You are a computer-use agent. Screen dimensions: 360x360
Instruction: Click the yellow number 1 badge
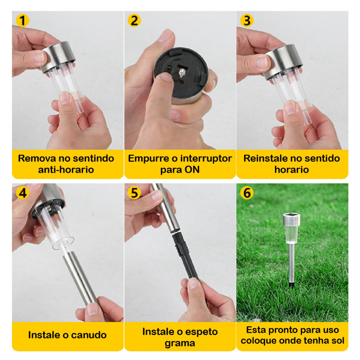click(x=22, y=20)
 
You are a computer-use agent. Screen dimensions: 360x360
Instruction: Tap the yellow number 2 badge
click(x=134, y=20)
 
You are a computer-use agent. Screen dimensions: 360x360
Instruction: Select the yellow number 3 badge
click(x=247, y=20)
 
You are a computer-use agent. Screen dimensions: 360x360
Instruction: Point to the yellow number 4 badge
click(x=22, y=193)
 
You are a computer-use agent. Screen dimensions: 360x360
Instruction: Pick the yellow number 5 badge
click(x=134, y=193)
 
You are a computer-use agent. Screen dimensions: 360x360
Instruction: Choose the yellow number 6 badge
click(x=247, y=193)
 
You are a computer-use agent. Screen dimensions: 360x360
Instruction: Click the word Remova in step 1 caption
click(x=37, y=159)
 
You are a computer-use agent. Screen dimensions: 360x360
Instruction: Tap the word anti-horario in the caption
click(x=66, y=170)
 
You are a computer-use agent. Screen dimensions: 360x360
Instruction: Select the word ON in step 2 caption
click(x=192, y=170)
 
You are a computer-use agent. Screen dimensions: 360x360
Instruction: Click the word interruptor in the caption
click(x=206, y=159)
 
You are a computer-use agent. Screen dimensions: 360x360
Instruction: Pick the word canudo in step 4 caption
click(x=89, y=335)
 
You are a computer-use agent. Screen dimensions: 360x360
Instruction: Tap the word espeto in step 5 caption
click(x=201, y=332)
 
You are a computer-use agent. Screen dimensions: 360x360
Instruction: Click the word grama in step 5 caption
click(x=180, y=343)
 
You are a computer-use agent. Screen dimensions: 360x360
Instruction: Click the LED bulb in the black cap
click(x=182, y=73)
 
